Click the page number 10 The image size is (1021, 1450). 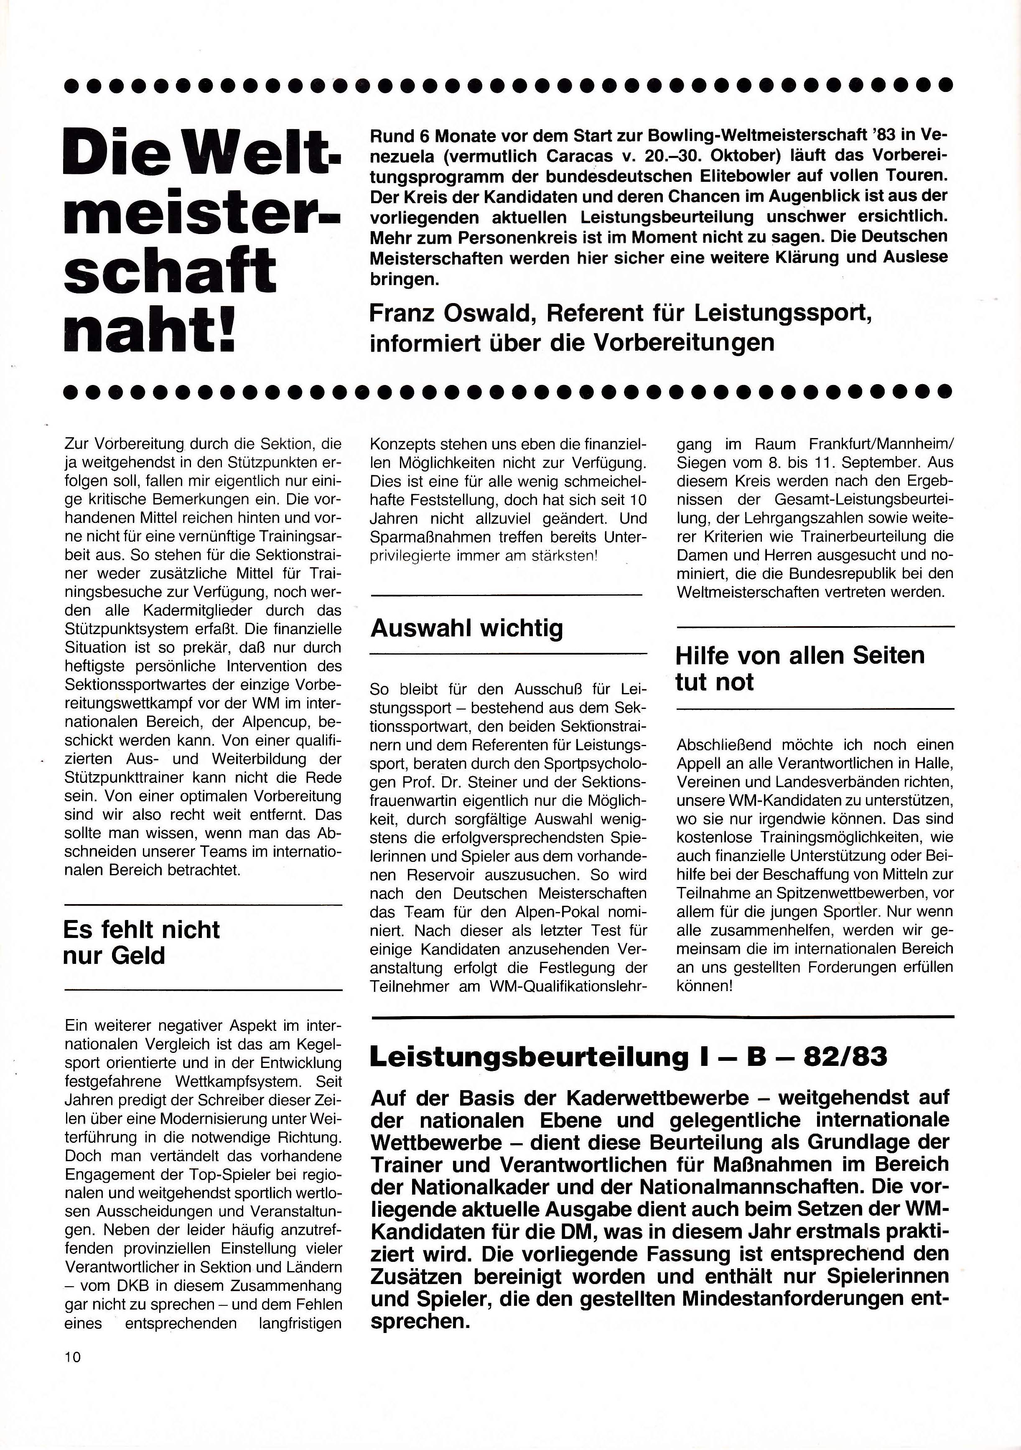[73, 1356]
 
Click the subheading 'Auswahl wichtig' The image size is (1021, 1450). [466, 628]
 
